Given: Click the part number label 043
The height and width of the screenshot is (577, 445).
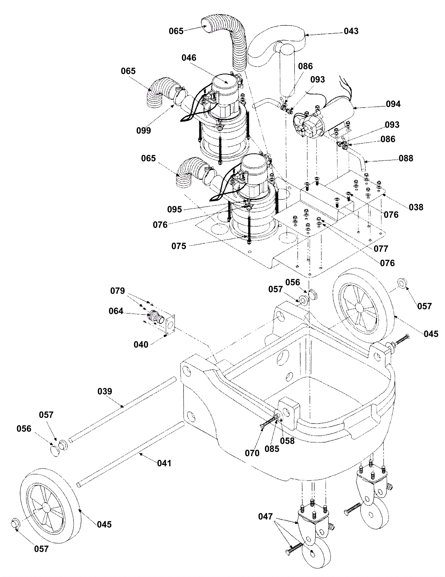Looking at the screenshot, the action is pos(351,31).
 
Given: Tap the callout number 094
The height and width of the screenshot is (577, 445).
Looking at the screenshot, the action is pos(393,104).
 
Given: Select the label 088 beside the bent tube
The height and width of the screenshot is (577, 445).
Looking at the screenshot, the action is pos(406,158).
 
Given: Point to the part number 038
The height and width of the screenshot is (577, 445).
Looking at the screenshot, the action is pos(416,207).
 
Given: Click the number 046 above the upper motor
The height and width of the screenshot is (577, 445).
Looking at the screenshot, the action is pos(189,58).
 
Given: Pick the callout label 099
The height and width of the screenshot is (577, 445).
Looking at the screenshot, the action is pos(144,130).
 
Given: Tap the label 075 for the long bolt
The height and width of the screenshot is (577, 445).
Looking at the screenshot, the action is pos(179,246).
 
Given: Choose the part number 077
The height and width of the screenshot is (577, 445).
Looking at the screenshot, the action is pos(381,248).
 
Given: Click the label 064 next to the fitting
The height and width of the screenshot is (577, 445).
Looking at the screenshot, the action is pos(116,311).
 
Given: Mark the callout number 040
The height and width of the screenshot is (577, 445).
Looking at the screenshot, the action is pos(141,345).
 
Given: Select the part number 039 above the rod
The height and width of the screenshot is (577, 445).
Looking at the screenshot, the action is pos(105,391).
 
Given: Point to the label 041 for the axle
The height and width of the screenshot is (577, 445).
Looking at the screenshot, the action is pos(164,463).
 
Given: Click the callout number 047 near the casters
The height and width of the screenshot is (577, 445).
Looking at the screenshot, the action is pos(265,517).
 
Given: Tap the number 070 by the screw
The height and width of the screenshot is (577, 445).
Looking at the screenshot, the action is pos(252,453).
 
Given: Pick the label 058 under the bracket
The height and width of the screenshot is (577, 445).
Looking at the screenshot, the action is pos(287,441).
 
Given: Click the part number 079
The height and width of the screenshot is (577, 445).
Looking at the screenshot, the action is pos(117,291).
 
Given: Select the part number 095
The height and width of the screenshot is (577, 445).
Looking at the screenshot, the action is pos(174,209).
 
